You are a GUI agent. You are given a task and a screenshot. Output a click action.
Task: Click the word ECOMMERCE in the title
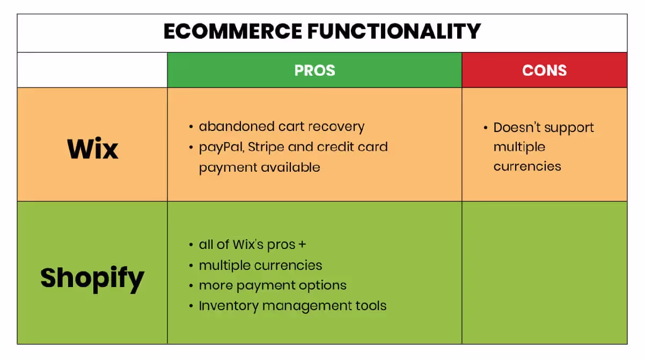(233, 32)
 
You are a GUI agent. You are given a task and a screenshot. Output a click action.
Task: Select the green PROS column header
(314, 70)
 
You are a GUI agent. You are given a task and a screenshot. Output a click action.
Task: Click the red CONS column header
(544, 70)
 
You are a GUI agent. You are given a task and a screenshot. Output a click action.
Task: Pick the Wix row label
(92, 149)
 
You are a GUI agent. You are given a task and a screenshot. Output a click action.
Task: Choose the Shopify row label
(92, 278)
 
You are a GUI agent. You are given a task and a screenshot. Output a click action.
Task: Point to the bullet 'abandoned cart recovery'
(281, 127)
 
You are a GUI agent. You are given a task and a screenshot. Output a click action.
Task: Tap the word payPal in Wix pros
(221, 147)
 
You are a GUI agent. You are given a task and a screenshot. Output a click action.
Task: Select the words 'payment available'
(259, 167)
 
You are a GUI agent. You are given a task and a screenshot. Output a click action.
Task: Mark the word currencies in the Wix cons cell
(527, 166)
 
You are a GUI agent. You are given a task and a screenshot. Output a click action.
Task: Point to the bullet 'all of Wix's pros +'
(252, 245)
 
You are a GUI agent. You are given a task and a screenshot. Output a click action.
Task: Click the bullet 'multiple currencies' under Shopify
(260, 265)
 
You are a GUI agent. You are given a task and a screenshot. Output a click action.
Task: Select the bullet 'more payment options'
(273, 285)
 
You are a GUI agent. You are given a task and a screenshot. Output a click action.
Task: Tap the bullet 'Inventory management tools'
(292, 306)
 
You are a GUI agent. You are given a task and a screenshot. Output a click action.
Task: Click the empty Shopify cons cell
(544, 273)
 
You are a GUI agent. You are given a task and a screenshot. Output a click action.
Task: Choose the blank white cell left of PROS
(92, 70)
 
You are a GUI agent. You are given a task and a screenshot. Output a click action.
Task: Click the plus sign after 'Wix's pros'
(302, 245)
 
